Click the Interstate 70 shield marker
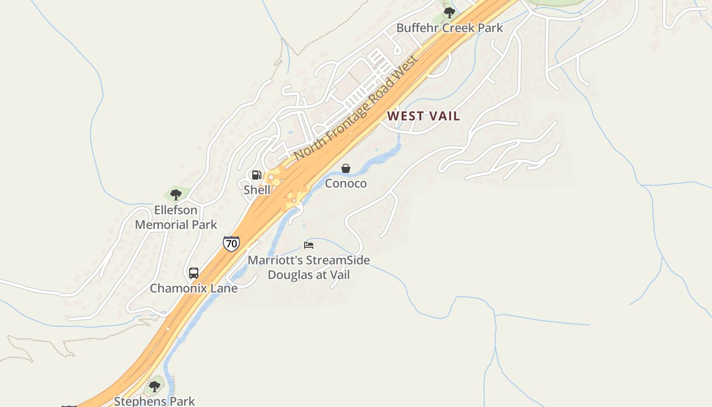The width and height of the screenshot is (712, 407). (231, 243)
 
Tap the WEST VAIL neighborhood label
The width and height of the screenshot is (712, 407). (424, 116)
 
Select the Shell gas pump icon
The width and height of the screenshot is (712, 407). (257, 176)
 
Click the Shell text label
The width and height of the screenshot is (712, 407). (257, 190)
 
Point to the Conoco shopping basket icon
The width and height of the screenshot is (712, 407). (346, 168)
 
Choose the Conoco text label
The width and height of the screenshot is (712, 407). (346, 183)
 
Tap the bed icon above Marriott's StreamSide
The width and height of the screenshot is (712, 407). (309, 245)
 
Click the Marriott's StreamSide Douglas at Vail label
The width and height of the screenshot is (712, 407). (309, 268)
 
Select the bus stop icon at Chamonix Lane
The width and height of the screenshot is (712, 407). (194, 273)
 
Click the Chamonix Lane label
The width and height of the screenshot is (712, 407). (194, 288)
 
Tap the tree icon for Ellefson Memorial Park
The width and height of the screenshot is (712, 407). (176, 194)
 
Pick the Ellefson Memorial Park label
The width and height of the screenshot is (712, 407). (176, 217)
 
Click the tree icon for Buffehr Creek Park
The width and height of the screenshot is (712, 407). (449, 12)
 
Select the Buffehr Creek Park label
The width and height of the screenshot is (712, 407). (450, 27)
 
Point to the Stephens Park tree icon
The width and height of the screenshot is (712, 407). (155, 387)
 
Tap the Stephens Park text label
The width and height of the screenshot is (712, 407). (155, 401)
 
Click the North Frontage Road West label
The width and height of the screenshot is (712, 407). (356, 107)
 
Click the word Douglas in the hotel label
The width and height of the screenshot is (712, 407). (290, 275)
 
